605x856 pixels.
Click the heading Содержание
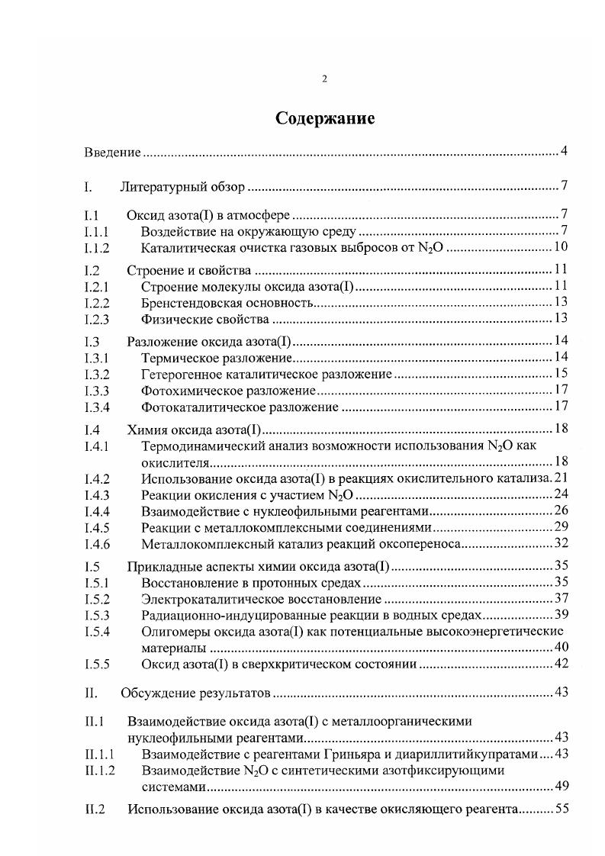(x=324, y=119)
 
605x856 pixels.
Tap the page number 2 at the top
(x=324, y=79)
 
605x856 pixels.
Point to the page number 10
(x=561, y=247)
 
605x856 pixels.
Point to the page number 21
(x=562, y=478)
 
